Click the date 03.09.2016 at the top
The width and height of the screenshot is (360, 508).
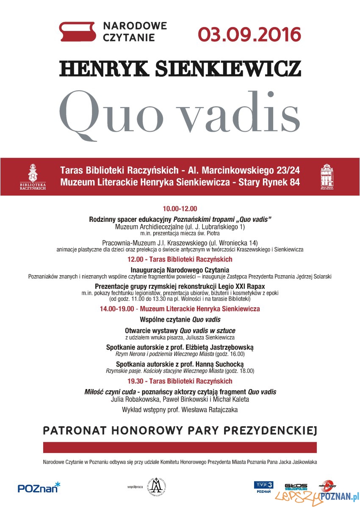click(250, 34)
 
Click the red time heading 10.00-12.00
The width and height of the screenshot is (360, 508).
click(180, 209)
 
